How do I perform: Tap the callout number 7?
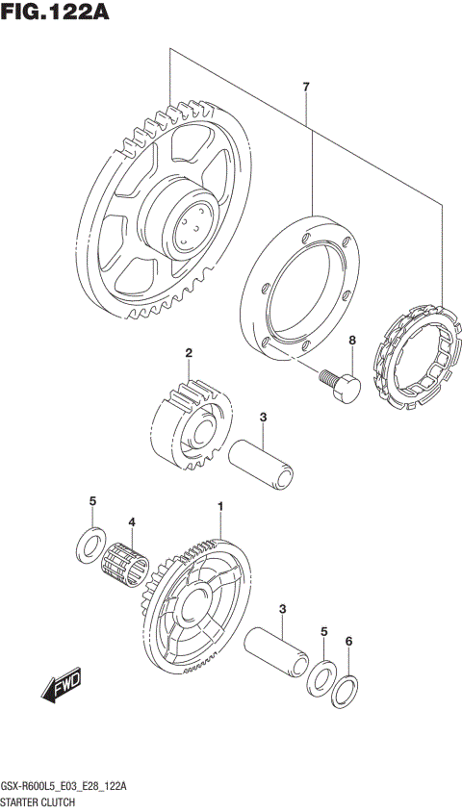click(306, 89)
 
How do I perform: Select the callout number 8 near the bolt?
click(352, 341)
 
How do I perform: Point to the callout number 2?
click(190, 353)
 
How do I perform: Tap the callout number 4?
click(132, 522)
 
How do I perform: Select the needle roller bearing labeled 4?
click(128, 562)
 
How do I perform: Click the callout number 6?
click(349, 641)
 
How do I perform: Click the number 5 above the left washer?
click(92, 501)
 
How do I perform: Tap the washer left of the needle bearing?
click(89, 544)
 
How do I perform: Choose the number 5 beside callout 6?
click(324, 631)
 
